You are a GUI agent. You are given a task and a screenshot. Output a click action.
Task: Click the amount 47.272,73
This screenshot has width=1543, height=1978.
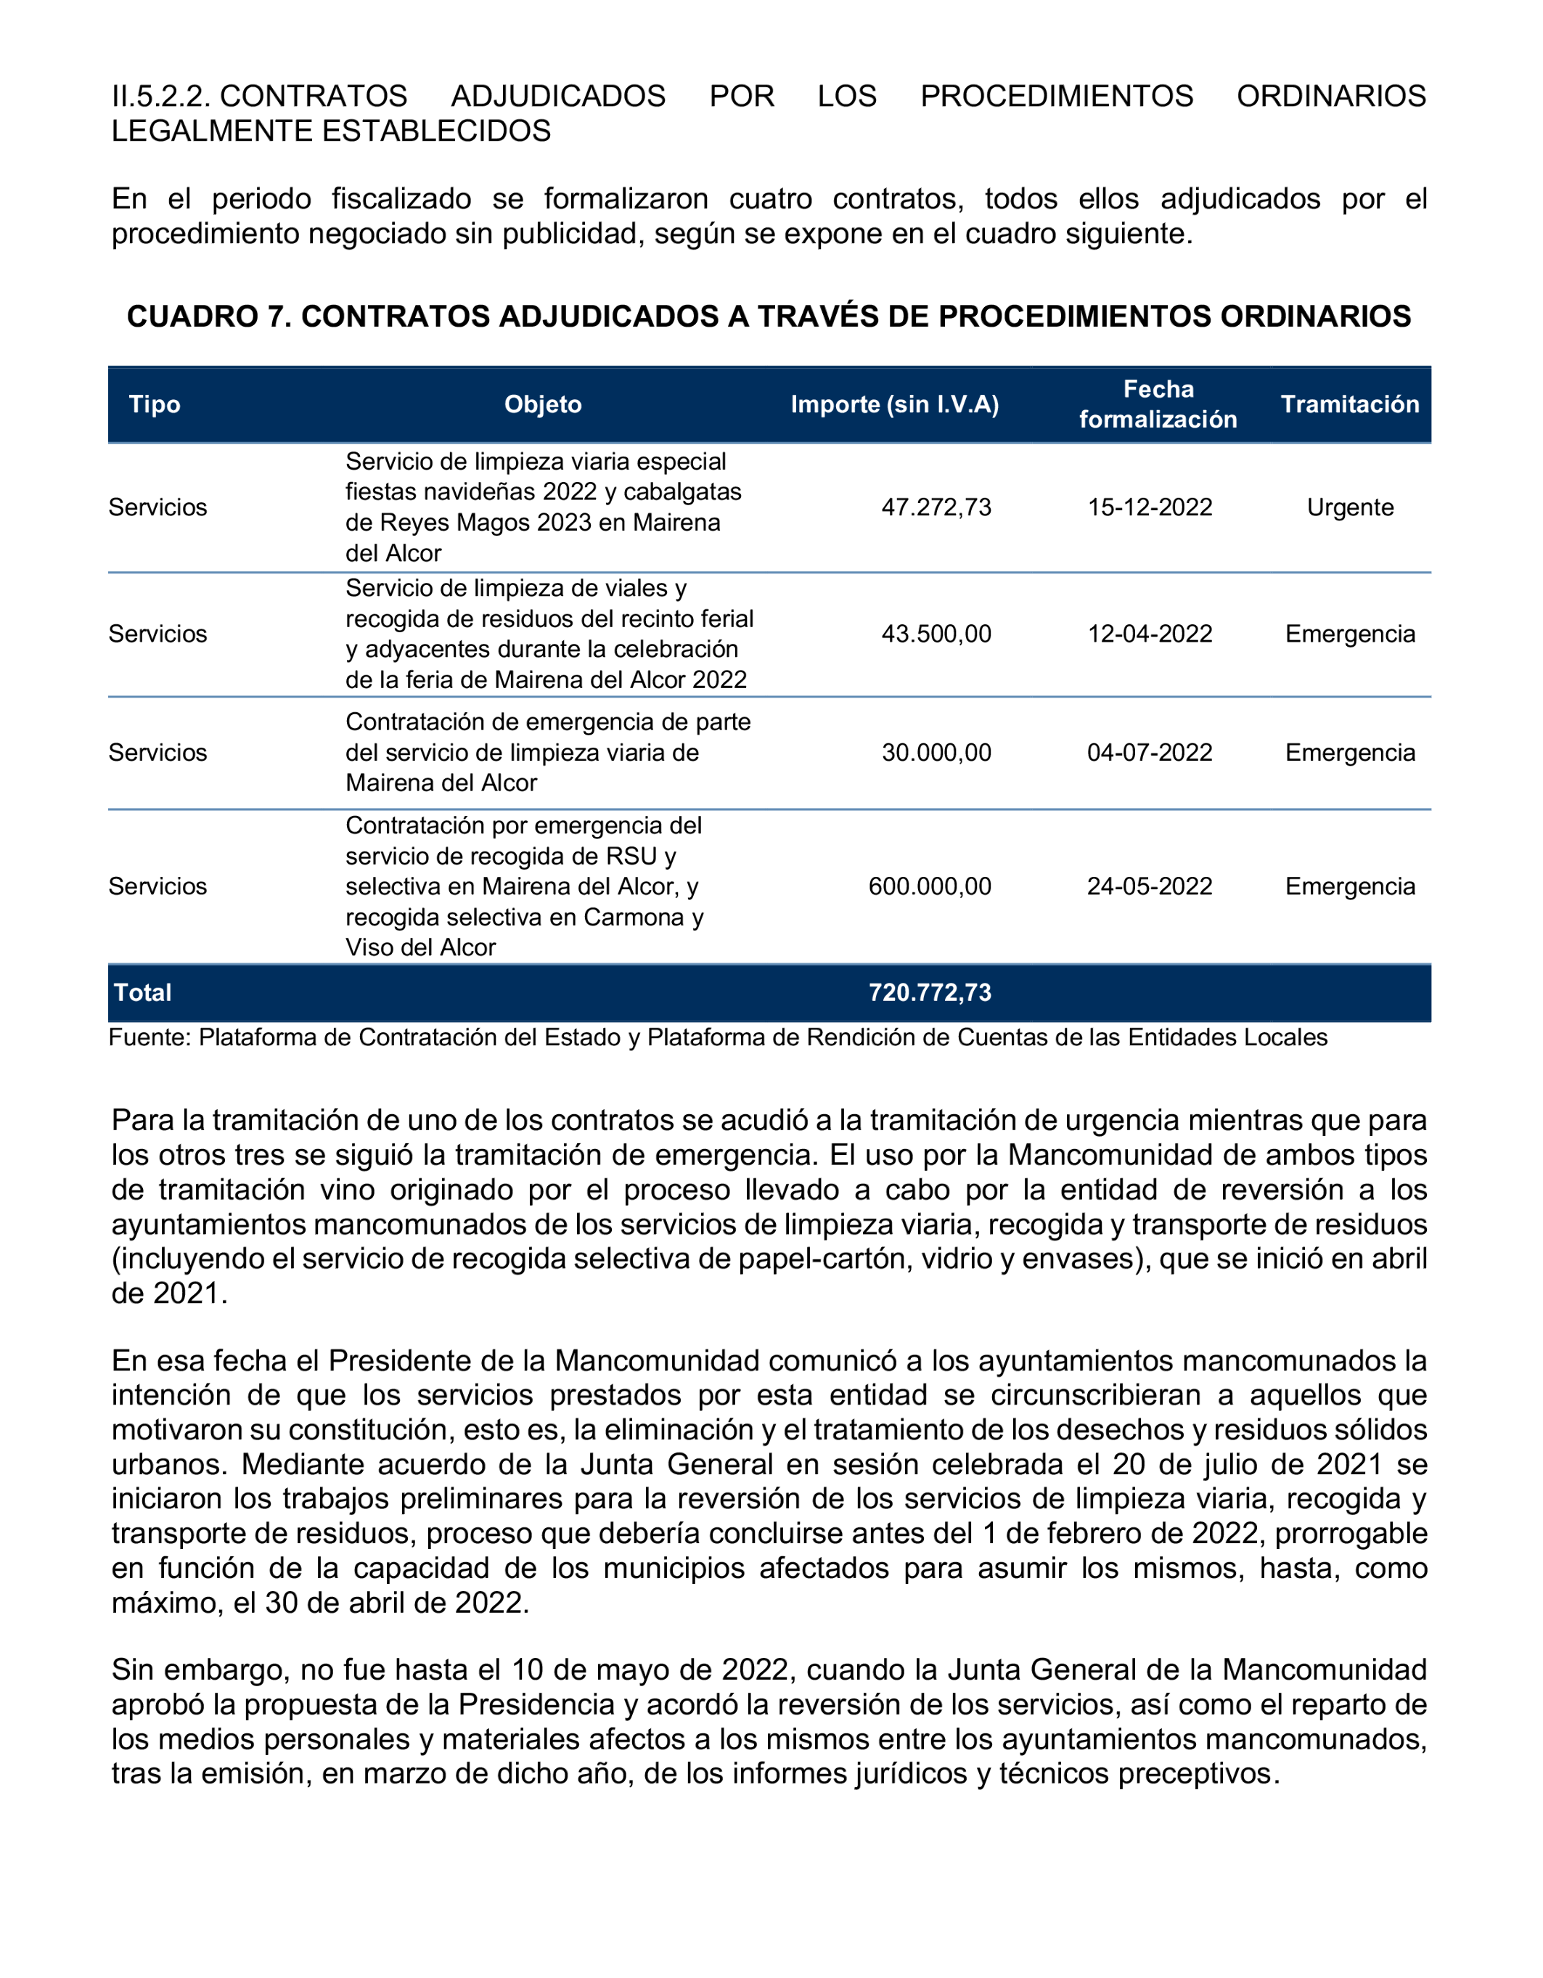pyautogui.click(x=936, y=507)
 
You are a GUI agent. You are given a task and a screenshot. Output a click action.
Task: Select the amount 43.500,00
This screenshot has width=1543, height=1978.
pyautogui.click(x=936, y=634)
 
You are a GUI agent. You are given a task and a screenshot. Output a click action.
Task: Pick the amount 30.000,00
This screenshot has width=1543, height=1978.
pyautogui.click(x=936, y=753)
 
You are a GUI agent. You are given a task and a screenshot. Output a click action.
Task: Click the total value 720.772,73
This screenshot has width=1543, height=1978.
pyautogui.click(x=929, y=992)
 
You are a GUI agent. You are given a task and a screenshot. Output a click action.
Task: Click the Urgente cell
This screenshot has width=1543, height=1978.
pyautogui.click(x=1349, y=507)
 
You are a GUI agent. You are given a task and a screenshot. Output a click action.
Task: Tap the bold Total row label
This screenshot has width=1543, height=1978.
pyautogui.click(x=142, y=992)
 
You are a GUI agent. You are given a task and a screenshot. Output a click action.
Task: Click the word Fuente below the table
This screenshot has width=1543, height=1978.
pyautogui.click(x=147, y=1037)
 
